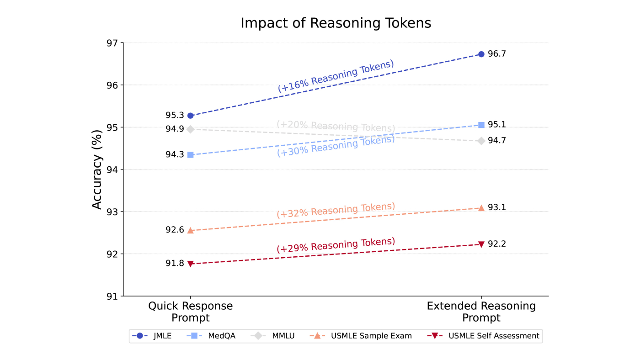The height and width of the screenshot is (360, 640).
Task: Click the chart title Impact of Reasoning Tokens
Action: click(336, 23)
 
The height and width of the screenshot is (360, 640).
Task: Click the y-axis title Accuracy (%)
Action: click(97, 169)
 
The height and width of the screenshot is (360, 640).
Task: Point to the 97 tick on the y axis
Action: click(112, 43)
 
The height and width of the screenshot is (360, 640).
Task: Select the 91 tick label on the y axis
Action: click(112, 296)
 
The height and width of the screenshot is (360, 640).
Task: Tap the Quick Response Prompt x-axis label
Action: click(190, 312)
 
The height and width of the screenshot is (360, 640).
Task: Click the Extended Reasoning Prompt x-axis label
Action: click(481, 312)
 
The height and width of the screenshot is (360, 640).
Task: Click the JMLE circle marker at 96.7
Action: click(481, 54)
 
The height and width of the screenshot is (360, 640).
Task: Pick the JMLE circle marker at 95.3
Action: click(190, 116)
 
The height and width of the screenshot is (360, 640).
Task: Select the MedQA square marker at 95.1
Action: click(481, 125)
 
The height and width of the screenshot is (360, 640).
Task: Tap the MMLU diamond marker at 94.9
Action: click(190, 129)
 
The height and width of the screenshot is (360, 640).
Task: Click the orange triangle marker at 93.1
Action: click(481, 208)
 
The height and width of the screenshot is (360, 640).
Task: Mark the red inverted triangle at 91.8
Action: click(190, 264)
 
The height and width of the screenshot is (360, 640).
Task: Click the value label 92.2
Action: click(497, 244)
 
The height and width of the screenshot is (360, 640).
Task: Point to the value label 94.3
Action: click(175, 155)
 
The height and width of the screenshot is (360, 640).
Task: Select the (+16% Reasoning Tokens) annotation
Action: click(336, 76)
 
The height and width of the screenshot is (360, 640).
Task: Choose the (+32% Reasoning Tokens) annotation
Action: click(336, 210)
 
